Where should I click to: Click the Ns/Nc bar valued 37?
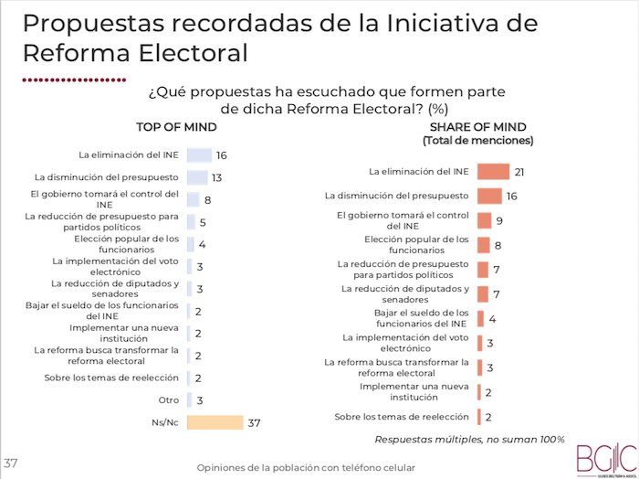point(215,421)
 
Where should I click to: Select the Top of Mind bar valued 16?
point(199,155)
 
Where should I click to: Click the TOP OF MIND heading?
point(176,127)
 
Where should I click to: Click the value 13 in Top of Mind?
point(216,177)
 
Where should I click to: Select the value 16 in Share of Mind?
point(512,196)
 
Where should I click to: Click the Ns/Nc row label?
point(165,421)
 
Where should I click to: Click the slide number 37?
point(11,462)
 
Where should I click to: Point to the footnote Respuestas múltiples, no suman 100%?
point(469,439)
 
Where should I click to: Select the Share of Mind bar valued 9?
point(485,220)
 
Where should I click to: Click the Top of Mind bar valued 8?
point(193,199)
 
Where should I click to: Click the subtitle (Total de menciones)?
point(477,141)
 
